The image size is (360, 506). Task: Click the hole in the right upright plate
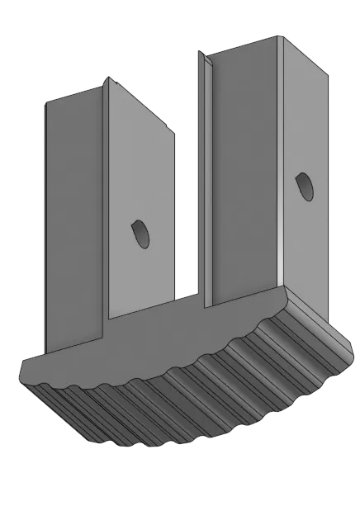coord(304,186)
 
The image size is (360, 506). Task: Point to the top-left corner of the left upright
coord(45,101)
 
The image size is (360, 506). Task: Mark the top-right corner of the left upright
coord(174,132)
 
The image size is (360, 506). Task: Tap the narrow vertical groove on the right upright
coord(212,182)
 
